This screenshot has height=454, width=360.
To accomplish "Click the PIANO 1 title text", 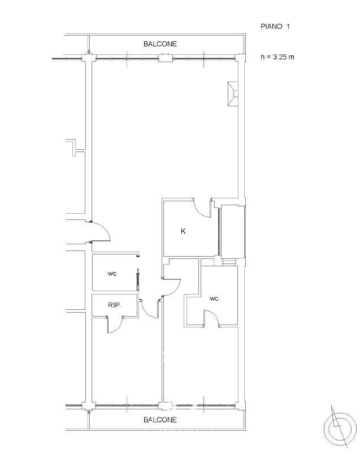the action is [275, 27].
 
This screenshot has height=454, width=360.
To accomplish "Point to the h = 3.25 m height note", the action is [277, 57].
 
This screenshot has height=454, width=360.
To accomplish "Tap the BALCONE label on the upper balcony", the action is [160, 44].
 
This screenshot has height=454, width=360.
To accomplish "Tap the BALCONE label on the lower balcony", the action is [160, 420].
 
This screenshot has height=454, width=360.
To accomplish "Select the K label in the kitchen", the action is [183, 231].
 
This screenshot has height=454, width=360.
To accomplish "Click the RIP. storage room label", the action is [115, 305].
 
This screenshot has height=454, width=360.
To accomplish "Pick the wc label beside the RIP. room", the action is [112, 274].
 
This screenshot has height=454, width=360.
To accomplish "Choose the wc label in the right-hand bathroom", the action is [214, 299].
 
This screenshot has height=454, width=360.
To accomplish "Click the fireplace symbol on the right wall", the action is [233, 94].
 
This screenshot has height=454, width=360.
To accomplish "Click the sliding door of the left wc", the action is [138, 280].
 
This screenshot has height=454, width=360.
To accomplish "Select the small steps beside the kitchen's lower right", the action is [229, 261].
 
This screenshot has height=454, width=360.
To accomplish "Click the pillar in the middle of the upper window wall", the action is [165, 58].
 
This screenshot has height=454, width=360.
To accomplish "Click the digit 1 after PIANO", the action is [288, 27].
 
